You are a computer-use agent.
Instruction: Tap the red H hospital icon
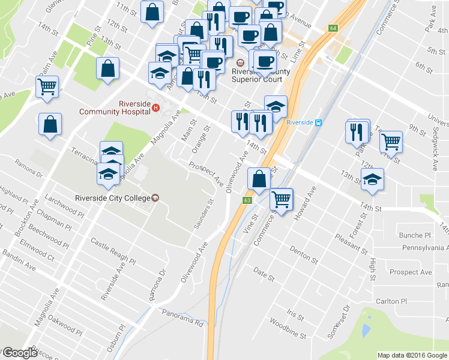(155, 108)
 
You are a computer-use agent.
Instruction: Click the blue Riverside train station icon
(319, 122)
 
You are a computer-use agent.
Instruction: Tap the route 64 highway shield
(333, 28)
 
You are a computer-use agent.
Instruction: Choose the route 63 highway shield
(247, 200)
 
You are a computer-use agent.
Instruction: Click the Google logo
(19, 353)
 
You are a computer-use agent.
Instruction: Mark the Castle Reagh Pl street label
(113, 251)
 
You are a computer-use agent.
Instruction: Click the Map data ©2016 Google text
(412, 355)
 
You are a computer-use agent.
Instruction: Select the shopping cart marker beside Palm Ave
(47, 86)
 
